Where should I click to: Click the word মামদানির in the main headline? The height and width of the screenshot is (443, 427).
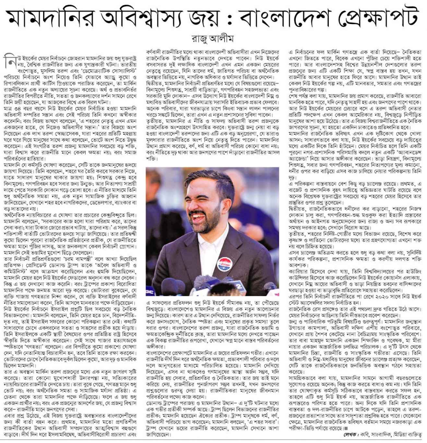click(51, 17)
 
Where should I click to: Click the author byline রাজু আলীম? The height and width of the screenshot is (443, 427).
click(214, 38)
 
